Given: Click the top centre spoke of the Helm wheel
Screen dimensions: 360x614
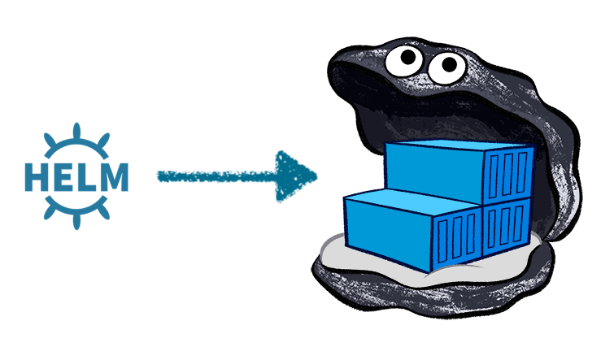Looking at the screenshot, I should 76,131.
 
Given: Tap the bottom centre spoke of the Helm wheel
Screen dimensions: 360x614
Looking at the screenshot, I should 76,218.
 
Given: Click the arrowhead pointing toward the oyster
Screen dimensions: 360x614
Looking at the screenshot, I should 294,176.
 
